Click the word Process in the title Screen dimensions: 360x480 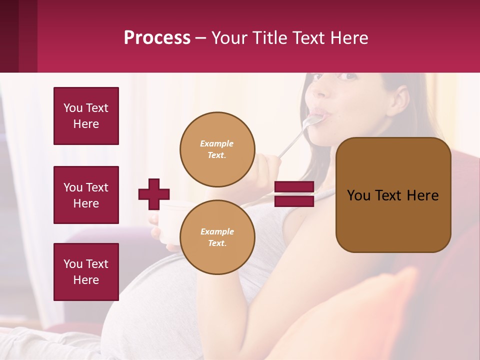157,38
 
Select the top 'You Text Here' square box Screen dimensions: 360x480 86,116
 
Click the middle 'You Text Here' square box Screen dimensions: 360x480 86,195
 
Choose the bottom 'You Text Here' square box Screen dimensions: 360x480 86,272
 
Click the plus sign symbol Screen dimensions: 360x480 154,194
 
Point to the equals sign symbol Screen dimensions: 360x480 294,194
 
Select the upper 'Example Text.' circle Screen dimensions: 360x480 217,149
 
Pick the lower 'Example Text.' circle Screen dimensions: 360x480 217,237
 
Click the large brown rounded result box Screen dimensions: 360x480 393,195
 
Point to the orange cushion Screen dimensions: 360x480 360,315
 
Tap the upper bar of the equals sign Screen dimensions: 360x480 294,187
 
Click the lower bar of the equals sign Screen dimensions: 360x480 294,201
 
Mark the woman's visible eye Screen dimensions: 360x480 348,77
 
